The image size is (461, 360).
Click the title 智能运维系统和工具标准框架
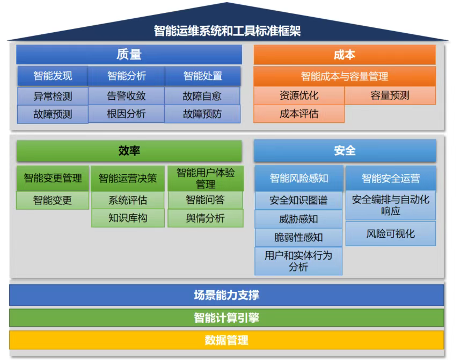tap(228, 31)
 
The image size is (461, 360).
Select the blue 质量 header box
tap(129, 55)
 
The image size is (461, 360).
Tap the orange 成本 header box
tap(344, 55)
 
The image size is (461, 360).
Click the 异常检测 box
tap(53, 97)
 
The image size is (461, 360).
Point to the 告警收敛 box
tap(126, 97)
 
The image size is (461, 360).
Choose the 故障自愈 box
tap(202, 97)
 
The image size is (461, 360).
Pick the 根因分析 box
tap(126, 114)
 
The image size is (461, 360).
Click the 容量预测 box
tap(390, 96)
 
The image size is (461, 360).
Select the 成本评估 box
tap(299, 114)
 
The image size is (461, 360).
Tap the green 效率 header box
tap(129, 151)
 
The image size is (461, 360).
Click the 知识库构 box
tap(128, 218)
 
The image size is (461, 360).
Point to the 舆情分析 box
tap(205, 218)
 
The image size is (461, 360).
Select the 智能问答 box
tap(205, 200)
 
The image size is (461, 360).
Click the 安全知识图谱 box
tap(298, 201)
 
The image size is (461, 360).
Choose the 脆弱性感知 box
tap(298, 237)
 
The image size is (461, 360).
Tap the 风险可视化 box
tap(390, 234)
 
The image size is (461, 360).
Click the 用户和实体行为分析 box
tap(298, 261)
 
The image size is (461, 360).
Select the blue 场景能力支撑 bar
tap(226, 295)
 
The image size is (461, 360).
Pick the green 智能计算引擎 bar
tap(226, 318)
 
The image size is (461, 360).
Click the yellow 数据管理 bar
tap(226, 340)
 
